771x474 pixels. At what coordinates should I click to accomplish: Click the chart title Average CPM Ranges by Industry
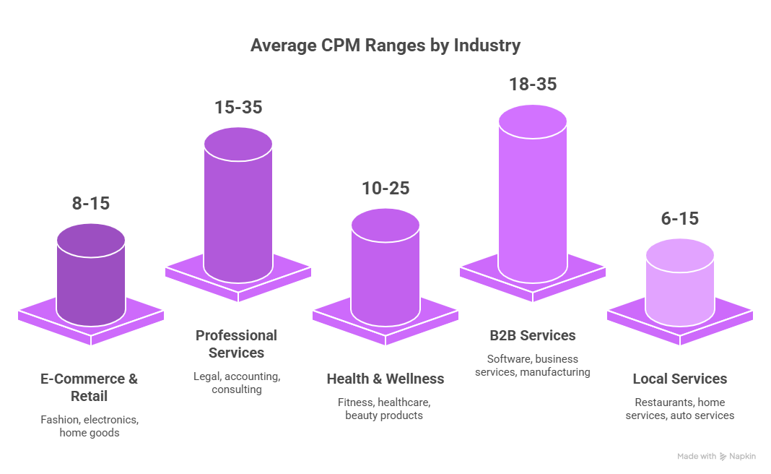click(385, 46)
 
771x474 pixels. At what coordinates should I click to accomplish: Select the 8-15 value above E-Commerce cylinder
click(90, 204)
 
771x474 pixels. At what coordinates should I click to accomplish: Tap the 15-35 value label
click(238, 108)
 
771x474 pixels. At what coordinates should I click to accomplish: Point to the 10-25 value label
click(385, 189)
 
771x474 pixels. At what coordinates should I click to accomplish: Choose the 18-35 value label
click(532, 85)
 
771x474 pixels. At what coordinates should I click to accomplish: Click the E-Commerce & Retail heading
click(90, 387)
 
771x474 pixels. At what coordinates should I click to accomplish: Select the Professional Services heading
click(236, 344)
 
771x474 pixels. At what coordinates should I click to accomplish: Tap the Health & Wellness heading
click(385, 379)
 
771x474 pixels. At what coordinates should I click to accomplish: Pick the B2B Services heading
click(532, 335)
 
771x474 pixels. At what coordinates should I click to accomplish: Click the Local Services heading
click(679, 379)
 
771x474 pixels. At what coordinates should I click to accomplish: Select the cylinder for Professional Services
click(238, 210)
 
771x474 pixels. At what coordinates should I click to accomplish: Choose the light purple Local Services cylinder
click(679, 285)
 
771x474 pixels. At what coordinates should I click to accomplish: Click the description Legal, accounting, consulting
click(236, 383)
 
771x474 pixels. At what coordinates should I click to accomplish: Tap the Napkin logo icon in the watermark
click(724, 457)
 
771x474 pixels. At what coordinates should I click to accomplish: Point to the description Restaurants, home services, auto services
click(679, 409)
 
